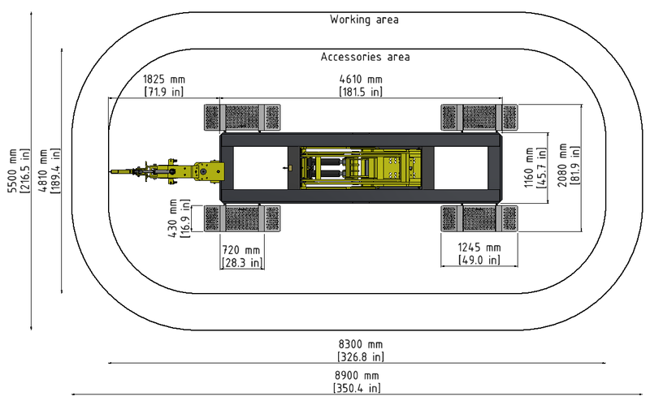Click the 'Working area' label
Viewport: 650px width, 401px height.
click(364, 19)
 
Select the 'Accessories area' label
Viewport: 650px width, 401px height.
click(365, 57)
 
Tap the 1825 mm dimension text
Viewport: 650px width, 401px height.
click(164, 79)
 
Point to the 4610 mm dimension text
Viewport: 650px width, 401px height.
click(361, 79)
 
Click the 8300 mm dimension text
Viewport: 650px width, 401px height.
click(361, 344)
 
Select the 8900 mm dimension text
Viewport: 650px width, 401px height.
click(357, 376)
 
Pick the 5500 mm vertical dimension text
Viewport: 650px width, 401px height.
click(12, 170)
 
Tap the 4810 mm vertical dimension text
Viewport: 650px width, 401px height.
click(43, 170)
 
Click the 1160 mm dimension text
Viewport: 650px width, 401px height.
click(529, 168)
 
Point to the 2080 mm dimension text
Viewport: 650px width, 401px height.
click(562, 165)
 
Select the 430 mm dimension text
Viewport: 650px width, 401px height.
click(173, 218)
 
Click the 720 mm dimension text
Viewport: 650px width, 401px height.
click(241, 250)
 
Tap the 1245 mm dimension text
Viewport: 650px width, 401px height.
click(479, 248)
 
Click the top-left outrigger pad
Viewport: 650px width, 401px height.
click(242, 117)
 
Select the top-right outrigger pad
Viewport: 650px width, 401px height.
click(479, 117)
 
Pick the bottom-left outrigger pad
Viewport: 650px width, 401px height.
click(242, 218)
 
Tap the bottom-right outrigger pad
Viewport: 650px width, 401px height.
click(479, 218)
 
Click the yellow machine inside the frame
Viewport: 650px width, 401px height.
click(361, 168)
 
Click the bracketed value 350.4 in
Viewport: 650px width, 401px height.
click(357, 388)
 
